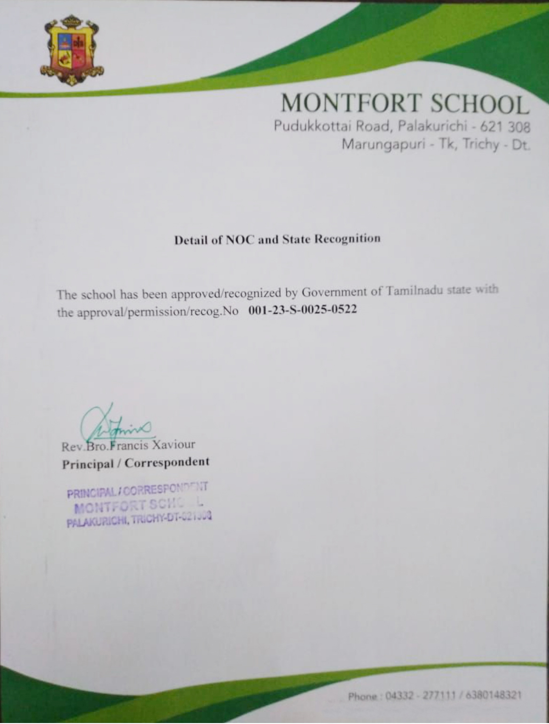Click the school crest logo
coord(71,51)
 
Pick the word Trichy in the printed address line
coord(480,144)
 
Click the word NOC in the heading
coord(241,240)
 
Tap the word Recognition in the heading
coord(347,239)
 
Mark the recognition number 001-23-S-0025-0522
coord(302,310)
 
